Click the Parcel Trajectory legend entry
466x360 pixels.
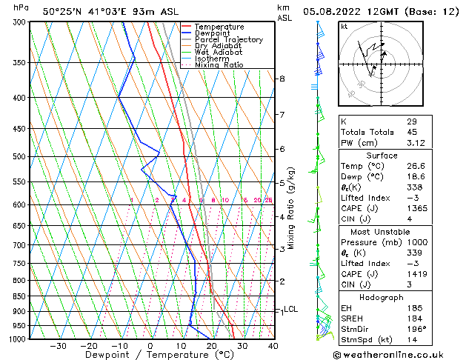point(228,39)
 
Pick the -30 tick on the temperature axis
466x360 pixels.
point(58,346)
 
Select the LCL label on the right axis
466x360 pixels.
point(290,310)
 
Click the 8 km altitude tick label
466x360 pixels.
point(282,79)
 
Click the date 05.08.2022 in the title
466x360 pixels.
point(337,11)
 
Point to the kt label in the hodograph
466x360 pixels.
point(344,26)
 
